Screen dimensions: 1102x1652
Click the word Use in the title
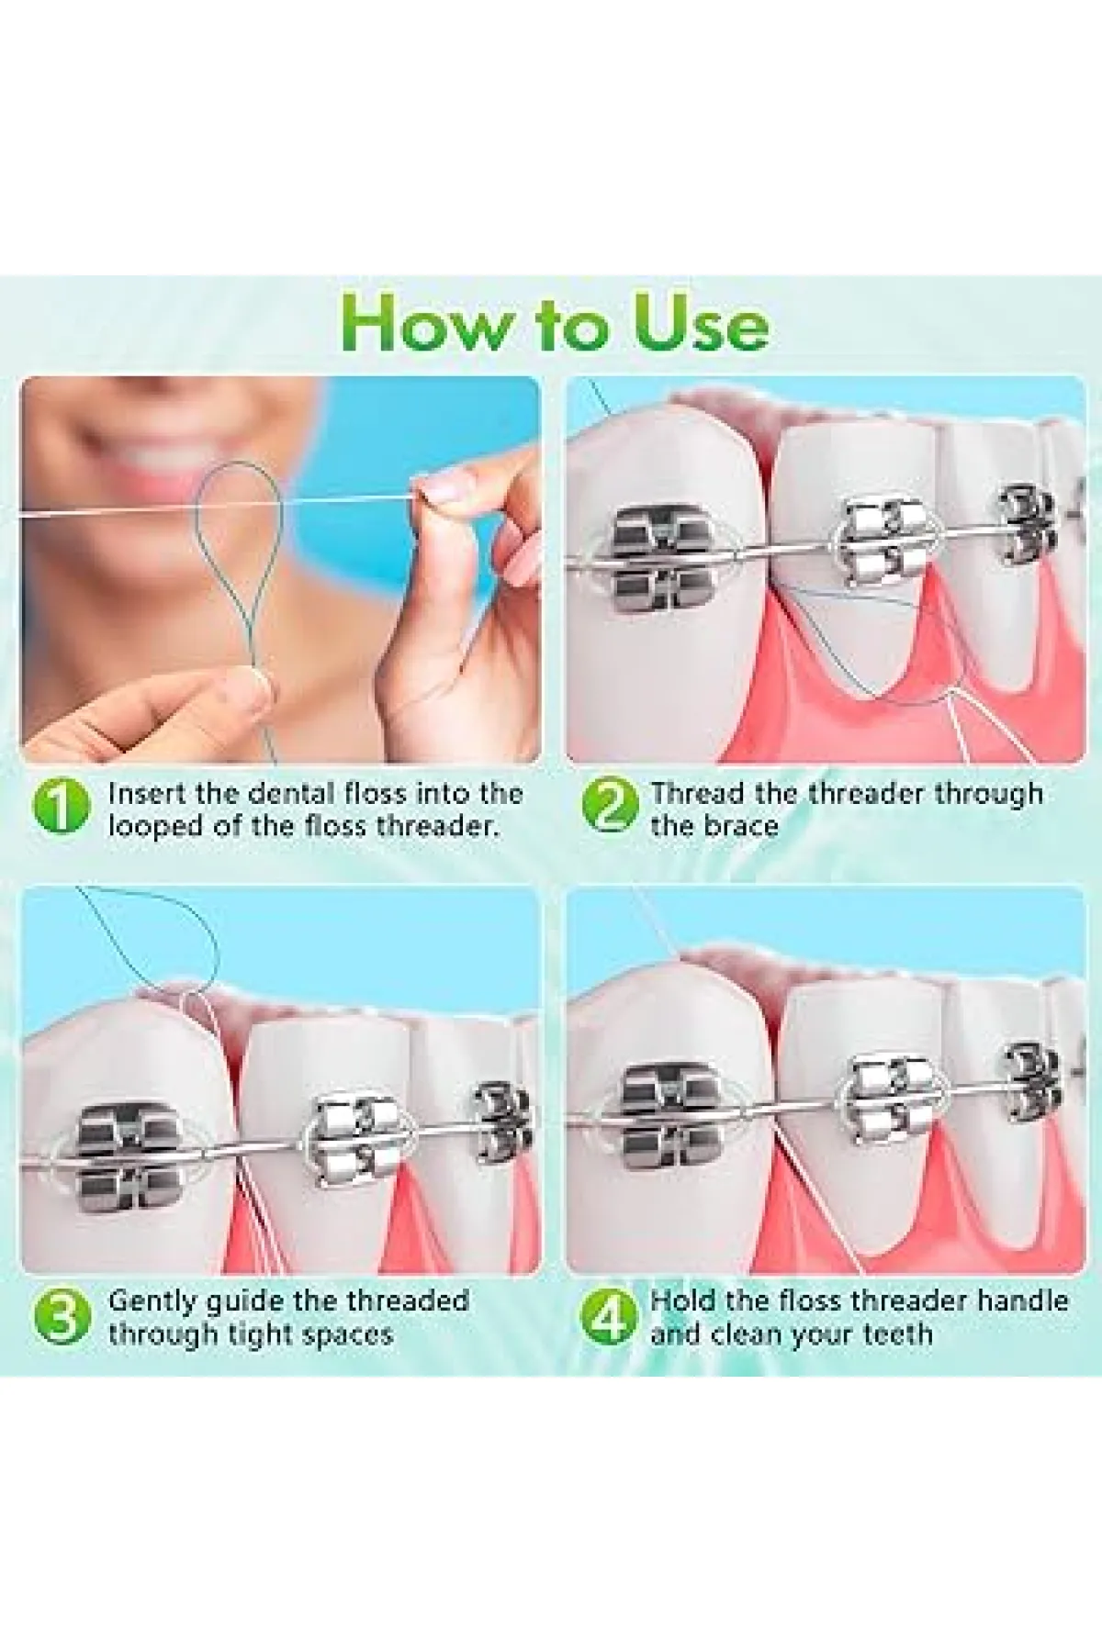701,323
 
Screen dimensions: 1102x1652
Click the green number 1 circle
61,807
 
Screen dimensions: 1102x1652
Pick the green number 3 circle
61,1315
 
